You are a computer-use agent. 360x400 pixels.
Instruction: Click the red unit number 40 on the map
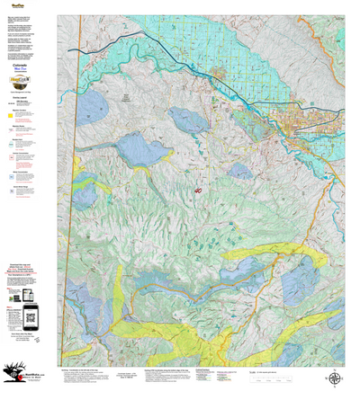(x=197, y=190)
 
